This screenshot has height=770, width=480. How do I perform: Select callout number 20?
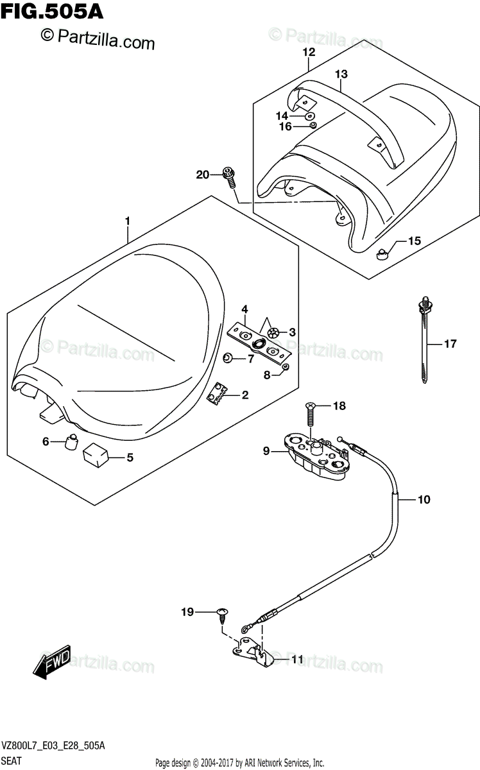coord(203,175)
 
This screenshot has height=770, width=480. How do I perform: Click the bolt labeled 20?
coord(229,176)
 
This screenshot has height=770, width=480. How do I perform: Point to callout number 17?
coord(450,343)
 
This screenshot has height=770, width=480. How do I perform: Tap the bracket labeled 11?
coord(253,651)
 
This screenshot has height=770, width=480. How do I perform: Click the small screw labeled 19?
coord(223,615)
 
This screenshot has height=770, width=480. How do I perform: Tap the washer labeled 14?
coord(310,116)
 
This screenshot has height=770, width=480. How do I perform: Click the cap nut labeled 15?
coord(382,254)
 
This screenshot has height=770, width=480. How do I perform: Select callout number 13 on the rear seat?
coord(341,74)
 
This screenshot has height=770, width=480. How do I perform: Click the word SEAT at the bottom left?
coord(12,761)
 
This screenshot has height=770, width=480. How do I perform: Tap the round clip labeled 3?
coord(272,332)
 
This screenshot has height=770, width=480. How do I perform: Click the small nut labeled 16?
coord(313,125)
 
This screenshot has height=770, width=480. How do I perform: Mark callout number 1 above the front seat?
coord(128,221)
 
